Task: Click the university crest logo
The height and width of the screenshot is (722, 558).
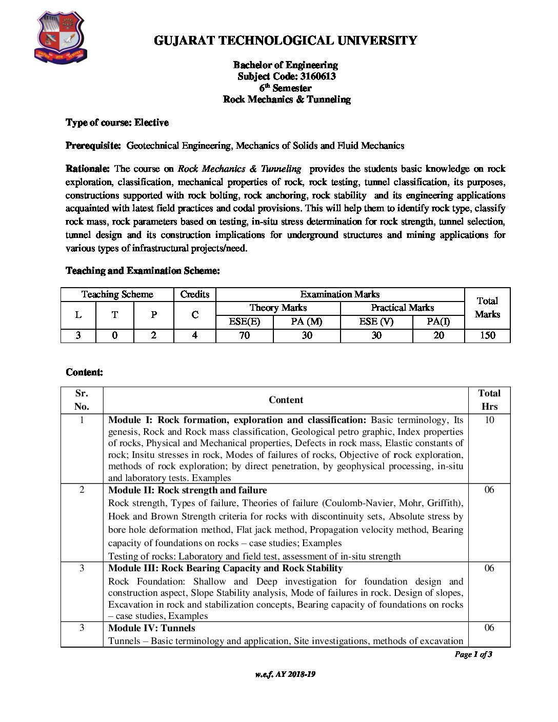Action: click(61, 38)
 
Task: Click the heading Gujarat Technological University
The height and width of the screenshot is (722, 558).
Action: click(286, 41)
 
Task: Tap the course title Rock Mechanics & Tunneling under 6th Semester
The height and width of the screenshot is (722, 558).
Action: click(286, 99)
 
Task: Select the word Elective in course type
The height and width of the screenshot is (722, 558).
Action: click(152, 123)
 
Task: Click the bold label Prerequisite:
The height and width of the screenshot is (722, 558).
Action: click(93, 146)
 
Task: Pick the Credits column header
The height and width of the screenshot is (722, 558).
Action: click(195, 294)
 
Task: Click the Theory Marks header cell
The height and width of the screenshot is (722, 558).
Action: click(278, 308)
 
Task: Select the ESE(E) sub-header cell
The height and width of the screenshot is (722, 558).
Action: click(245, 322)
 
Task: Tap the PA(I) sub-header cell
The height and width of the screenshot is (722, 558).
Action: click(439, 322)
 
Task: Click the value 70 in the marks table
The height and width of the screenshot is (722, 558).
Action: click(245, 335)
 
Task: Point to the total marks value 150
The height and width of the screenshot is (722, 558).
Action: click(487, 335)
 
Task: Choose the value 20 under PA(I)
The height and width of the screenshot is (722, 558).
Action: click(439, 335)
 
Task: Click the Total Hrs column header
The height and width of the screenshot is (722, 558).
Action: click(489, 400)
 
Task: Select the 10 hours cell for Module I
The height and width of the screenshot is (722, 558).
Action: click(489, 420)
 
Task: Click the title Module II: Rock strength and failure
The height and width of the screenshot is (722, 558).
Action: click(188, 490)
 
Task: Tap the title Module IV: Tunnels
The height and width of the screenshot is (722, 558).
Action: click(152, 628)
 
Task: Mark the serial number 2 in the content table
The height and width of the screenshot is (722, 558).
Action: click(82, 490)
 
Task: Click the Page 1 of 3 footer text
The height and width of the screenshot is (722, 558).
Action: click(473, 654)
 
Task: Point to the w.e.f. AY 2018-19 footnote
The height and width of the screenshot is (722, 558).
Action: click(285, 674)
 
